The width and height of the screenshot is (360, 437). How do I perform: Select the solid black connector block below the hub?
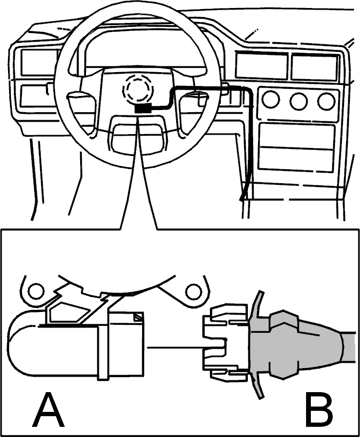coord(143,108)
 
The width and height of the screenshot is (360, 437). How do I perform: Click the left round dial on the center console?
coord(271,100)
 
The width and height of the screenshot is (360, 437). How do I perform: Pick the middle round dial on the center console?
coord(299,101)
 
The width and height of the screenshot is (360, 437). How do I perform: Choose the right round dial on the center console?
coord(326,101)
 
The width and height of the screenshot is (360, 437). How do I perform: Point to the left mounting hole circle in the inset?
coord(36,291)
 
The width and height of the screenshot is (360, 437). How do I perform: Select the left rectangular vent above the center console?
coord(261,66)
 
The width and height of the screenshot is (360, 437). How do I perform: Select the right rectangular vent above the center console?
coord(314,67)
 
